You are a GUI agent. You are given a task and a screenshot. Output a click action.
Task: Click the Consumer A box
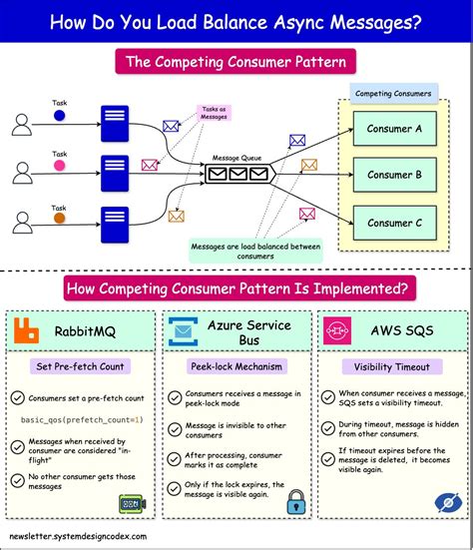click(394, 128)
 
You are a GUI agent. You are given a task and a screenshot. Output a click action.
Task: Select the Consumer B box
click(394, 175)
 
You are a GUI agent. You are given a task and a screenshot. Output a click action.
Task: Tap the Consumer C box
click(394, 223)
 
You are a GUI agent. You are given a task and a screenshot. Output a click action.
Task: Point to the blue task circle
click(59, 115)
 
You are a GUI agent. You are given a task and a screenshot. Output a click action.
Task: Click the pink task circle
click(59, 166)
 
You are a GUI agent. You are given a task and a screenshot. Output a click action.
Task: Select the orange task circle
click(59, 217)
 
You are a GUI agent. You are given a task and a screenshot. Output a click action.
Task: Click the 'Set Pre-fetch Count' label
click(82, 366)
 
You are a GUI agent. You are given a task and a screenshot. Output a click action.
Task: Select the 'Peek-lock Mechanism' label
click(236, 366)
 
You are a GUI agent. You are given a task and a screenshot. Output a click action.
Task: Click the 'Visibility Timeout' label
click(391, 366)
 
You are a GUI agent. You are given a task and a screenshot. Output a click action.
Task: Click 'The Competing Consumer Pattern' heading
click(236, 62)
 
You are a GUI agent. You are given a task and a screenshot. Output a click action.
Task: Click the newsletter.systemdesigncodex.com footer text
click(77, 537)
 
